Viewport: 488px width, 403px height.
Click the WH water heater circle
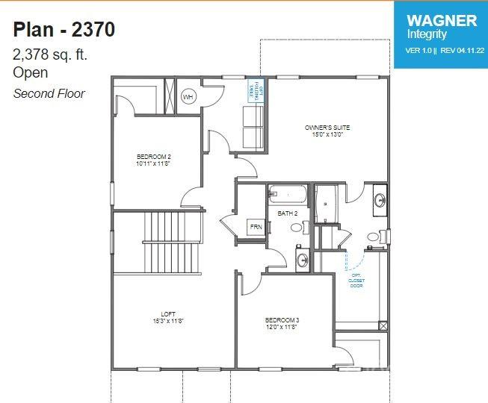[188, 97]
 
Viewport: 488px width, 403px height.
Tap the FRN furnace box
[256, 227]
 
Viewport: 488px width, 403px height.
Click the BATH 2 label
[288, 213]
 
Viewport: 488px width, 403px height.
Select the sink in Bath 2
[302, 260]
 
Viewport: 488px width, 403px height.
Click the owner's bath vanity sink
[380, 200]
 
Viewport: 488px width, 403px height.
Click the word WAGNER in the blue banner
[441, 20]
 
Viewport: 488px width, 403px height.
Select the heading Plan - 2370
[64, 30]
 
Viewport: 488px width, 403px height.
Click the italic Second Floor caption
[49, 93]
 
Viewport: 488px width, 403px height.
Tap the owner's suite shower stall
[326, 203]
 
